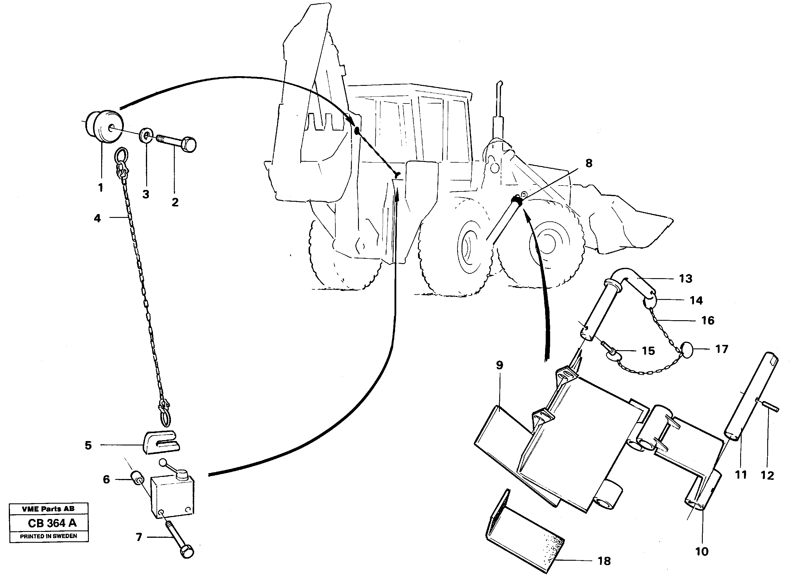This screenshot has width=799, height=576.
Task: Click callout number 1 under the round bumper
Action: tap(101, 188)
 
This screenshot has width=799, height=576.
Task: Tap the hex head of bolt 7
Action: tap(187, 551)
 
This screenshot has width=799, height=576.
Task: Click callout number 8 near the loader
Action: tap(589, 163)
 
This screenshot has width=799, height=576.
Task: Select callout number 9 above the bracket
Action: tap(499, 365)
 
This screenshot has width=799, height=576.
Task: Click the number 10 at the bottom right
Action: tap(702, 551)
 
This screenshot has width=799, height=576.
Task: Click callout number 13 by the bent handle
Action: tap(685, 279)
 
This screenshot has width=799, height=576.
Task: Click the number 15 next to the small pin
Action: tap(648, 351)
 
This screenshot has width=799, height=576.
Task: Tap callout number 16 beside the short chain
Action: tap(708, 321)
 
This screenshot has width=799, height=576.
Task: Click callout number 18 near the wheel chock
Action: tap(604, 561)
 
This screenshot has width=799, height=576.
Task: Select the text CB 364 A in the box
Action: tap(52, 523)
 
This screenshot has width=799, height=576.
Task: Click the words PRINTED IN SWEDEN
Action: tap(48, 536)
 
